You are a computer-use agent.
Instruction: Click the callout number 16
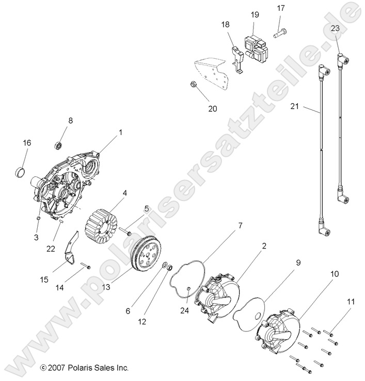pos(26,143)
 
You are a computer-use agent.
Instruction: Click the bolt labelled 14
pos(86,267)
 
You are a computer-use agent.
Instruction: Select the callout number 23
pos(335,29)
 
